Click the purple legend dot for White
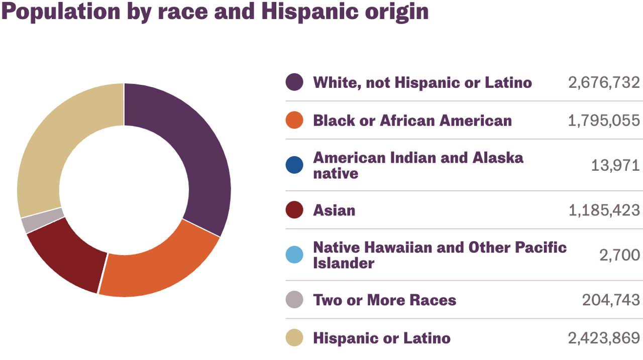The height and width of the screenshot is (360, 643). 294,82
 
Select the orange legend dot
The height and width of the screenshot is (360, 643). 294,121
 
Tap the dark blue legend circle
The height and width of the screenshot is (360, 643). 294,165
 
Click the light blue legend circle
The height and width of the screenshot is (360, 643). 294,255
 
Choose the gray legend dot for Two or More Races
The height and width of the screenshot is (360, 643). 294,300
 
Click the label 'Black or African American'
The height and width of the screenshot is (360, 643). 412,121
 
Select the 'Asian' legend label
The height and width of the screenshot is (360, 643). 334,210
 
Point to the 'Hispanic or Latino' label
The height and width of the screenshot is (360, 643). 381,338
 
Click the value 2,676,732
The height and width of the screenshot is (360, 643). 604,82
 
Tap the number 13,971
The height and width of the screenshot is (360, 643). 615,165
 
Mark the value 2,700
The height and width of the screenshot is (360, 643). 619,255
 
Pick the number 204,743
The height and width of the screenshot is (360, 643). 611,300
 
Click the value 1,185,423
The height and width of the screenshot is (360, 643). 604,210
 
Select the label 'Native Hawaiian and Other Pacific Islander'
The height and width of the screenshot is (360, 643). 440,255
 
